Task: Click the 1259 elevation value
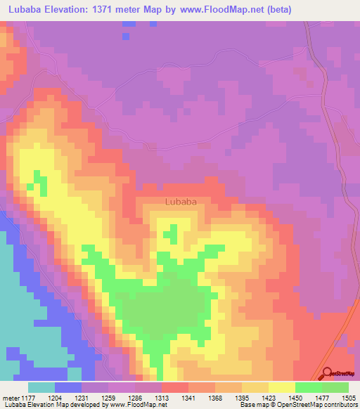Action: coord(108,397)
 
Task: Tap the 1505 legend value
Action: coord(347,397)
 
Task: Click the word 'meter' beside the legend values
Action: coord(10,397)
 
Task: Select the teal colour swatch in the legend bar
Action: coord(41,387)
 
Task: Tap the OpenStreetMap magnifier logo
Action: coord(327,373)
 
